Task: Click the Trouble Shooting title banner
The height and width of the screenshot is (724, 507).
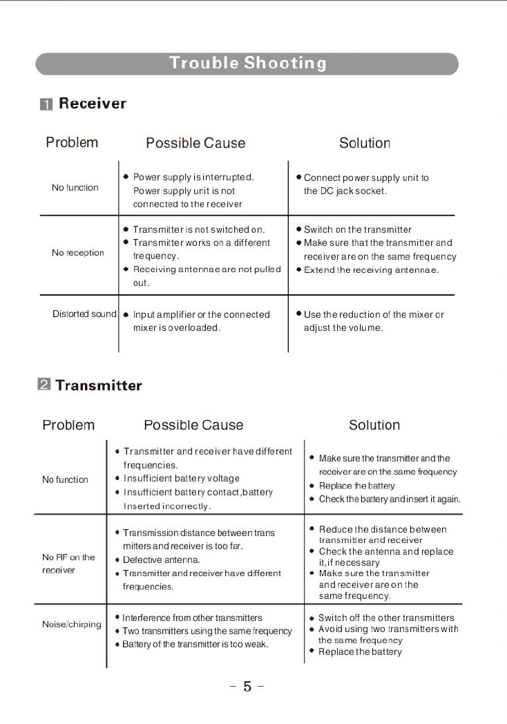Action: (x=247, y=64)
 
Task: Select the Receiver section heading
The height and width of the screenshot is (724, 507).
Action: (x=92, y=104)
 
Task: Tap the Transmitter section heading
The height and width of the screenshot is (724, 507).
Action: (x=99, y=385)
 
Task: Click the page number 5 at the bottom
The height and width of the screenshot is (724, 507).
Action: (x=247, y=687)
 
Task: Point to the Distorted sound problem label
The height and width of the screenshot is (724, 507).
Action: (x=84, y=314)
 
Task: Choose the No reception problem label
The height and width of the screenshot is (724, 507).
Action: (x=77, y=253)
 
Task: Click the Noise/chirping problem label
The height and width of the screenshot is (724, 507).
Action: (x=71, y=625)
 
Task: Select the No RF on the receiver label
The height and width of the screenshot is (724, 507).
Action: (x=68, y=564)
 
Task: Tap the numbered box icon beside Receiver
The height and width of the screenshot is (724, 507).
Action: (x=46, y=104)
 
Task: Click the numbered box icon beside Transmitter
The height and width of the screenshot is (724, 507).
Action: (x=43, y=385)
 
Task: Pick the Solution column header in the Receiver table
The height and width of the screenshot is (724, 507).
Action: (x=365, y=143)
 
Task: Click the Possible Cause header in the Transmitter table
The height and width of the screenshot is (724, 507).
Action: (x=193, y=425)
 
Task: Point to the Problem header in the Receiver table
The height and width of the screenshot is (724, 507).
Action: (x=72, y=142)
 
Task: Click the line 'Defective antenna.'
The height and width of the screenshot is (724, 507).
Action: (x=162, y=560)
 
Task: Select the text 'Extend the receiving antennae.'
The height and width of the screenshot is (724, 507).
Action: (x=371, y=270)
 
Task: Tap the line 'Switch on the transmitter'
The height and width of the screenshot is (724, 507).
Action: (x=357, y=229)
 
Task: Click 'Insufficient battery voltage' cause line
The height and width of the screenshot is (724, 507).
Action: (x=181, y=478)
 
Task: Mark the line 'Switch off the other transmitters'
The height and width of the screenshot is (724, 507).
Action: (x=386, y=618)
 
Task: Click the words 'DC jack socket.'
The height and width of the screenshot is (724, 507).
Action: (x=345, y=191)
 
